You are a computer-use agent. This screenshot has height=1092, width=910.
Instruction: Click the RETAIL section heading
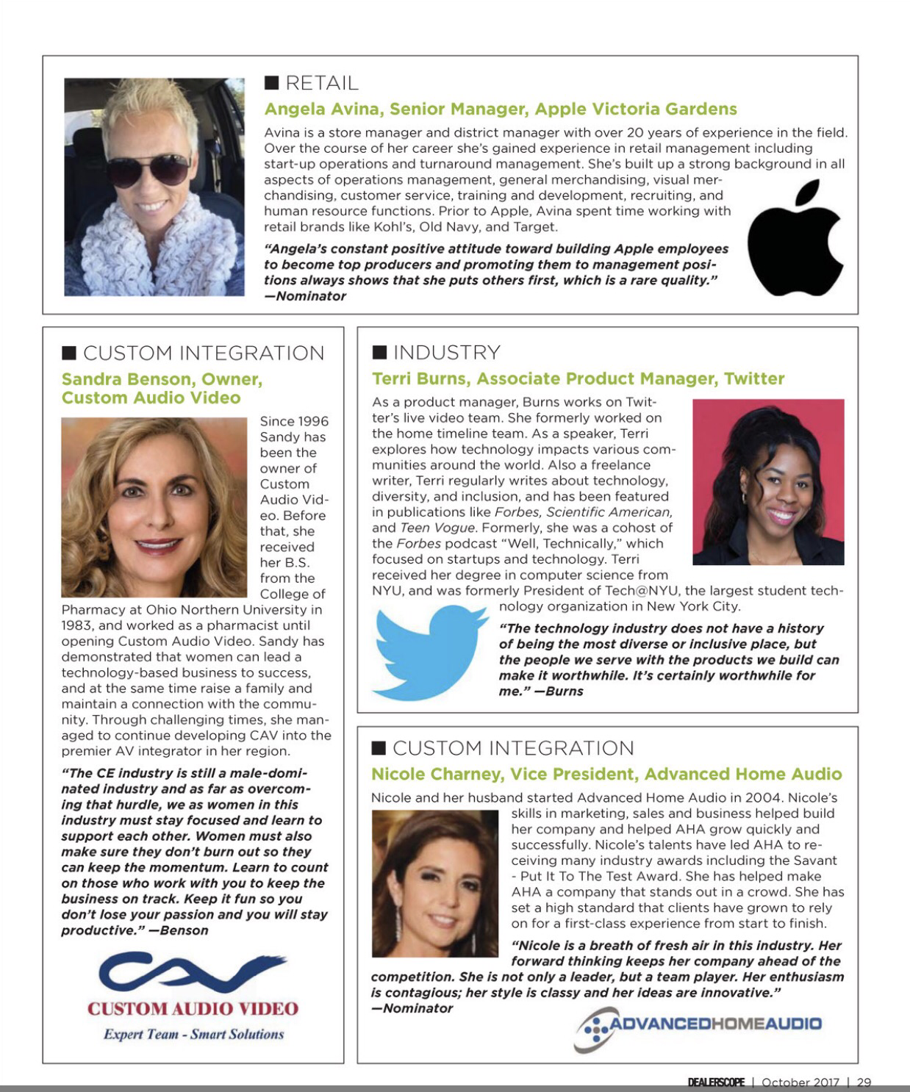click(x=321, y=83)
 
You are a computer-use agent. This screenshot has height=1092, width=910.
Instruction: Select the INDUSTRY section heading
click(x=446, y=353)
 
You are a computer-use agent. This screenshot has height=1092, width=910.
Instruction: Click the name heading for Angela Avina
click(x=500, y=109)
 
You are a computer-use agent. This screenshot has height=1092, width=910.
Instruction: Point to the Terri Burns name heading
click(x=578, y=378)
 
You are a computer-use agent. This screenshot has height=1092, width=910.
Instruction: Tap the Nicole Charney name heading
click(x=606, y=774)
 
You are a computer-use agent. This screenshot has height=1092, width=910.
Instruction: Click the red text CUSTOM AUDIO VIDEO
click(x=193, y=1008)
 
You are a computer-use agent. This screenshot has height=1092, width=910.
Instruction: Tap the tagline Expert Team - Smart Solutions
click(x=193, y=1034)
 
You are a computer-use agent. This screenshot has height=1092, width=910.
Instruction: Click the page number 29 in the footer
click(x=864, y=1082)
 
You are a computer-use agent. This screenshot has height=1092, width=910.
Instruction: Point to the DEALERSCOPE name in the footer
click(x=716, y=1082)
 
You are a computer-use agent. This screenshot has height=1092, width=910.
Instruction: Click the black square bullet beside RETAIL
click(x=271, y=82)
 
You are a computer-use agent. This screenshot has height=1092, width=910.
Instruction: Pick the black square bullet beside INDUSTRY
click(x=379, y=353)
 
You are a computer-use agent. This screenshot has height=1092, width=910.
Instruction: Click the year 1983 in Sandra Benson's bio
click(x=76, y=625)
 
